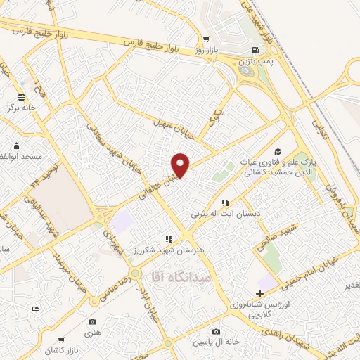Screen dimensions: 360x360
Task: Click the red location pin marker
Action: click(x=181, y=165)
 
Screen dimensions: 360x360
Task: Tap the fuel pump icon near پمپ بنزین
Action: click(x=255, y=50)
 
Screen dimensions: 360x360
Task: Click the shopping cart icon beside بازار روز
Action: click(x=205, y=39)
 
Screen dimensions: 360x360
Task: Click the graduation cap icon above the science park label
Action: click(x=278, y=152)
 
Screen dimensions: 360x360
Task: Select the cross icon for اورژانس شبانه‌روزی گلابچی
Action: click(x=259, y=293)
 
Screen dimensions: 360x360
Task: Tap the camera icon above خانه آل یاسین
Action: click(x=217, y=331)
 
